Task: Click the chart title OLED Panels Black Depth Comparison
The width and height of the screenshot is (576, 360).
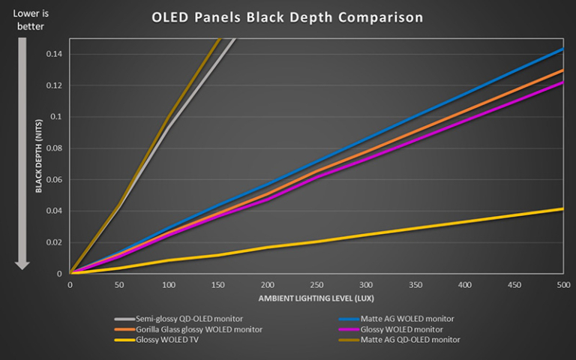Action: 287,16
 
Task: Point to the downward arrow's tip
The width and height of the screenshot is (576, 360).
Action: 22,268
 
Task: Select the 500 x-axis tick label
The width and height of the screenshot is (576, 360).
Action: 563,285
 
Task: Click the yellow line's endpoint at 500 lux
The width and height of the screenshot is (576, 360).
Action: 562,209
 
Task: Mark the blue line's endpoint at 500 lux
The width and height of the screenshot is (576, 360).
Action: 562,49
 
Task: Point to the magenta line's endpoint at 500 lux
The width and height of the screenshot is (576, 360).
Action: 562,82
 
